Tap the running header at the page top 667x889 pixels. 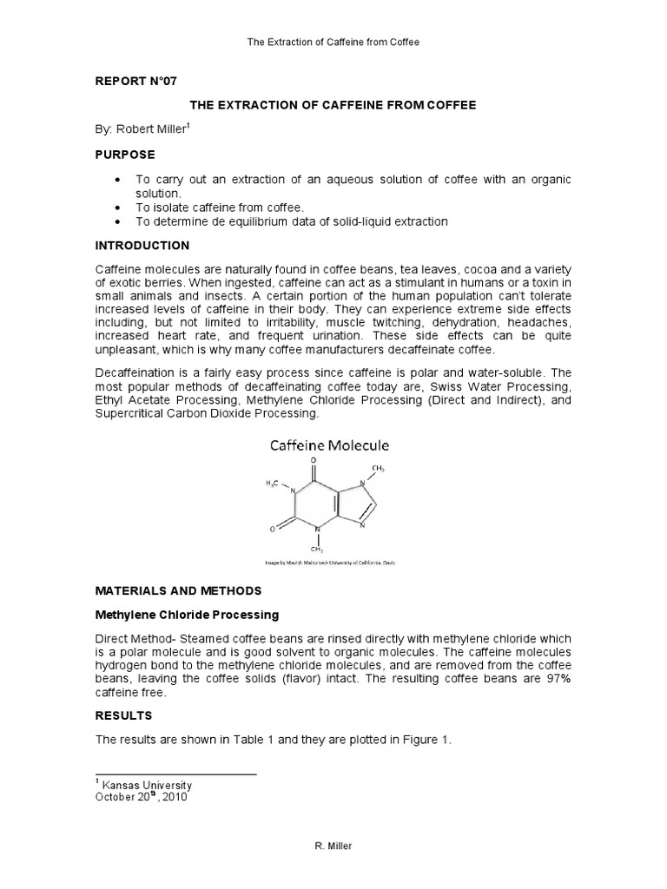333,42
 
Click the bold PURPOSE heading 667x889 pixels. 125,154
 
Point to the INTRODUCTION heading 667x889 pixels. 142,246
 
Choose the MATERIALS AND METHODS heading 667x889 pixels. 178,590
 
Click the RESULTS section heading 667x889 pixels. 123,715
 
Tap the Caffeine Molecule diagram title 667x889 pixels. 329,445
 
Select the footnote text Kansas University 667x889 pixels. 145,785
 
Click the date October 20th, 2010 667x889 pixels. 141,797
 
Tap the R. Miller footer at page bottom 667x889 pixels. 333,846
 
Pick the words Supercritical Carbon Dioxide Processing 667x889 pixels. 207,414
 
